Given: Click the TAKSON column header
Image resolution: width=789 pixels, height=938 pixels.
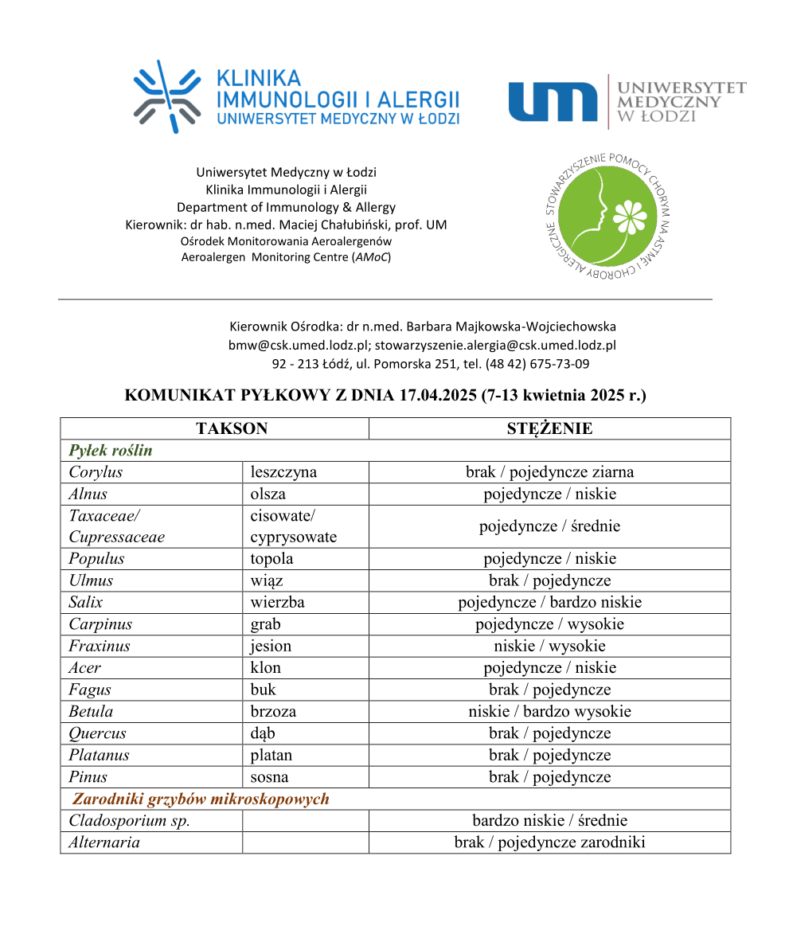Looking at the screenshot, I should pos(232,428).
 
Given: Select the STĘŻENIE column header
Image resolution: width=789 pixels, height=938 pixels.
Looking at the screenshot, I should pos(549,428).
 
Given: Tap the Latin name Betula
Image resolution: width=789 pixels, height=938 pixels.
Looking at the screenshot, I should pos(91,711).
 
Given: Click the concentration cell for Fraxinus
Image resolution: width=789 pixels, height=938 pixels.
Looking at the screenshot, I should pos(549,646).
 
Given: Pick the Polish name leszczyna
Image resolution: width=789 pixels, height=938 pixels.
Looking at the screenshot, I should pos(283,472).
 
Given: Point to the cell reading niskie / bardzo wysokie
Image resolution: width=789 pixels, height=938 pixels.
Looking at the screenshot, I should pos(549,711).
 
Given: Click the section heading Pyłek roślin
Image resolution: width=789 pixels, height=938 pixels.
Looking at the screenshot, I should pos(111,450).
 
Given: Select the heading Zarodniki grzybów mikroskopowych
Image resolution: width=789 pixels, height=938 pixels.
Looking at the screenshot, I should pos(201,799).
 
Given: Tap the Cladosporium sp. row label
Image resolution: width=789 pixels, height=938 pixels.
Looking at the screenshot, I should pos(129,820).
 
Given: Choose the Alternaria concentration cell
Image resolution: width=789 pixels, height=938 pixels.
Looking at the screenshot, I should pos(549,842).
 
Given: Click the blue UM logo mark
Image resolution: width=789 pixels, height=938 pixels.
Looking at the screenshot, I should pos(553,102).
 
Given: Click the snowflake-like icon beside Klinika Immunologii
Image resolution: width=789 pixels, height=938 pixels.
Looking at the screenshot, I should pos(166,97).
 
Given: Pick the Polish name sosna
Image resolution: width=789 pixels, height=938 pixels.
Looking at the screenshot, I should pos(269,776).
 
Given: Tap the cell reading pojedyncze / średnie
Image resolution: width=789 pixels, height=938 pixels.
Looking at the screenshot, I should pos(549,526).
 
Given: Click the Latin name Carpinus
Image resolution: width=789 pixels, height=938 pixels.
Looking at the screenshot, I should pos(100,624).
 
